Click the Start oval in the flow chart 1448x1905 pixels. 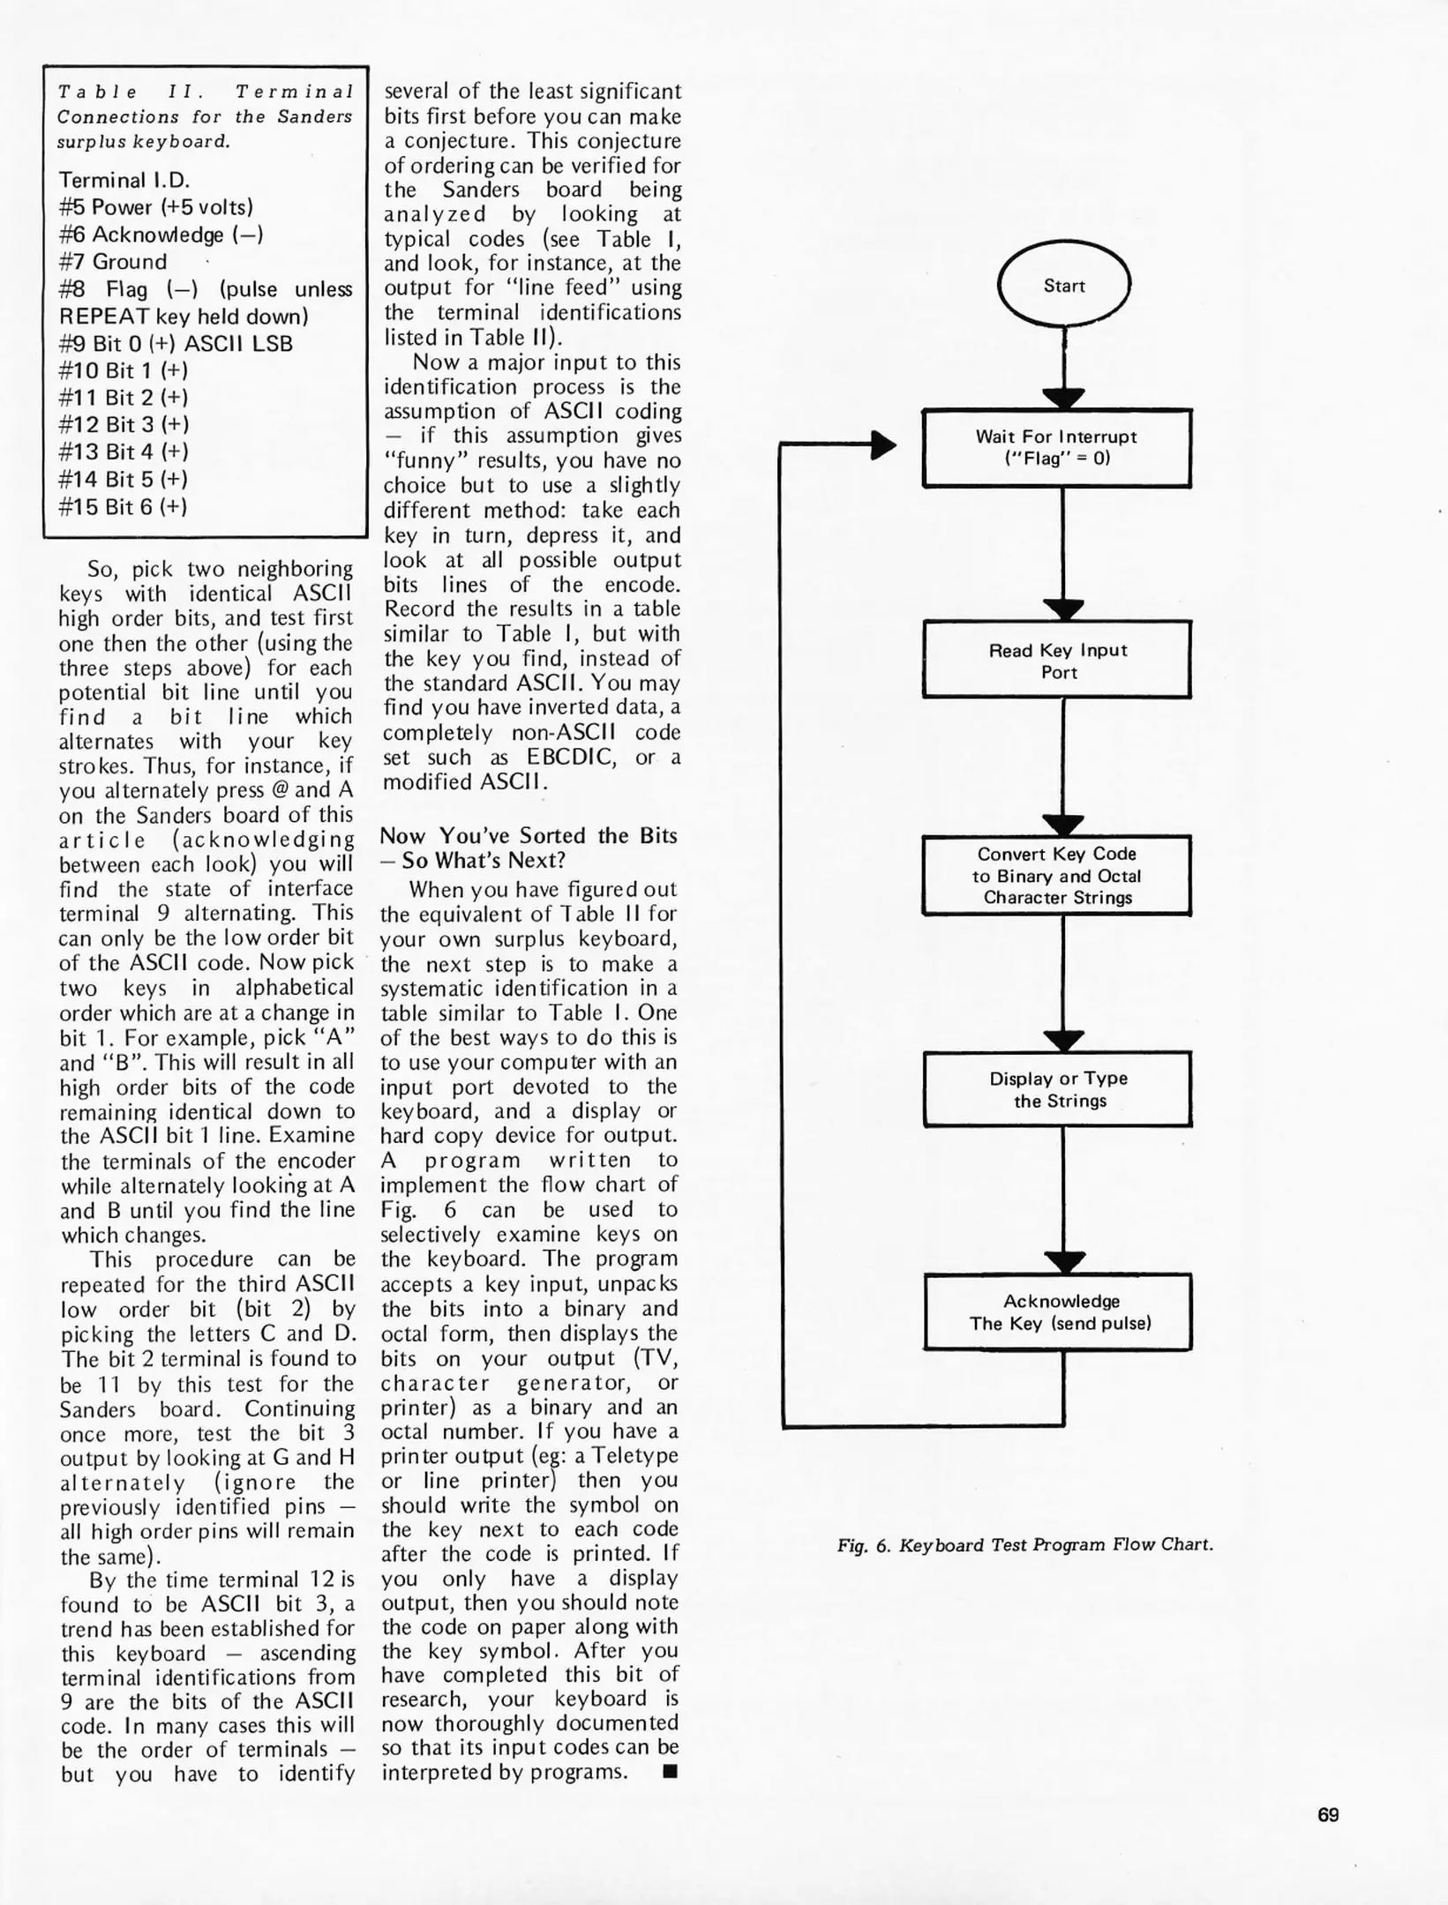click(1063, 285)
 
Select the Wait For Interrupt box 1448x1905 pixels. click(1056, 447)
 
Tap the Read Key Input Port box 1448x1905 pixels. click(1057, 661)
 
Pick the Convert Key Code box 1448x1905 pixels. click(1057, 875)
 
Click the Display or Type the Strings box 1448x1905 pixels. click(1058, 1089)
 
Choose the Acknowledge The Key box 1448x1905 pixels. click(1059, 1311)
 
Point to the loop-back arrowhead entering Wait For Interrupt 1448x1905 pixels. click(883, 445)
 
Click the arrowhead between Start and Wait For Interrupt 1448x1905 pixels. click(1063, 398)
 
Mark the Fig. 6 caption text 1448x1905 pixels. click(1024, 1544)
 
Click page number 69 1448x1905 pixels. click(1327, 1815)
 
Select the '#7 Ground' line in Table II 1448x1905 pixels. click(113, 262)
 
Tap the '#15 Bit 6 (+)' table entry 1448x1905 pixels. click(123, 506)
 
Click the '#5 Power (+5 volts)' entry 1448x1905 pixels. click(155, 207)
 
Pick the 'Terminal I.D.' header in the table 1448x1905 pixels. click(124, 180)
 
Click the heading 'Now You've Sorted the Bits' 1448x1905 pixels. click(529, 835)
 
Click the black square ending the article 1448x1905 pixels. click(670, 1772)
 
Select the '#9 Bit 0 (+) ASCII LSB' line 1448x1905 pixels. click(176, 344)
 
